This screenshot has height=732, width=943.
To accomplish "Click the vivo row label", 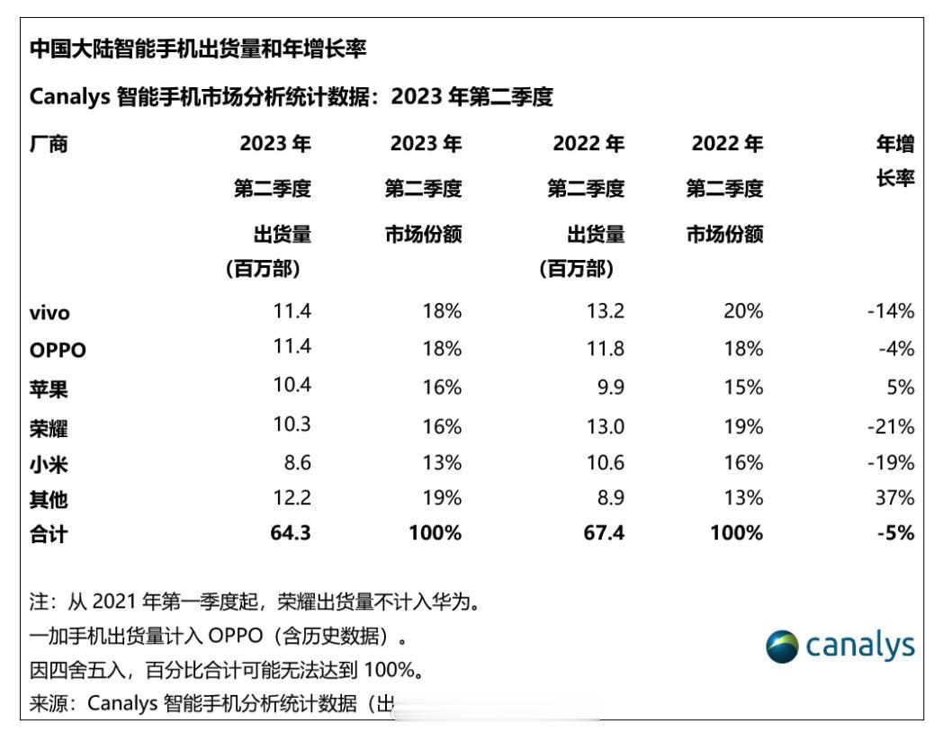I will [x=49, y=313].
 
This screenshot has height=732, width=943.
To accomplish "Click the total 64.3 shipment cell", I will [x=292, y=533].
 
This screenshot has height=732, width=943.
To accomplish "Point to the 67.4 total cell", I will [x=606, y=533].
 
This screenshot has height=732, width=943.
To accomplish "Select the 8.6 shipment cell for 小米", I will [x=298, y=463].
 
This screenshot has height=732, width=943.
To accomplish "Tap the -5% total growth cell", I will [x=898, y=533].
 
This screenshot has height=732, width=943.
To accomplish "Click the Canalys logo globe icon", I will [x=780, y=647].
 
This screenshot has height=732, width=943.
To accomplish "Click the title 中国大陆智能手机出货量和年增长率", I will [x=198, y=49].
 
